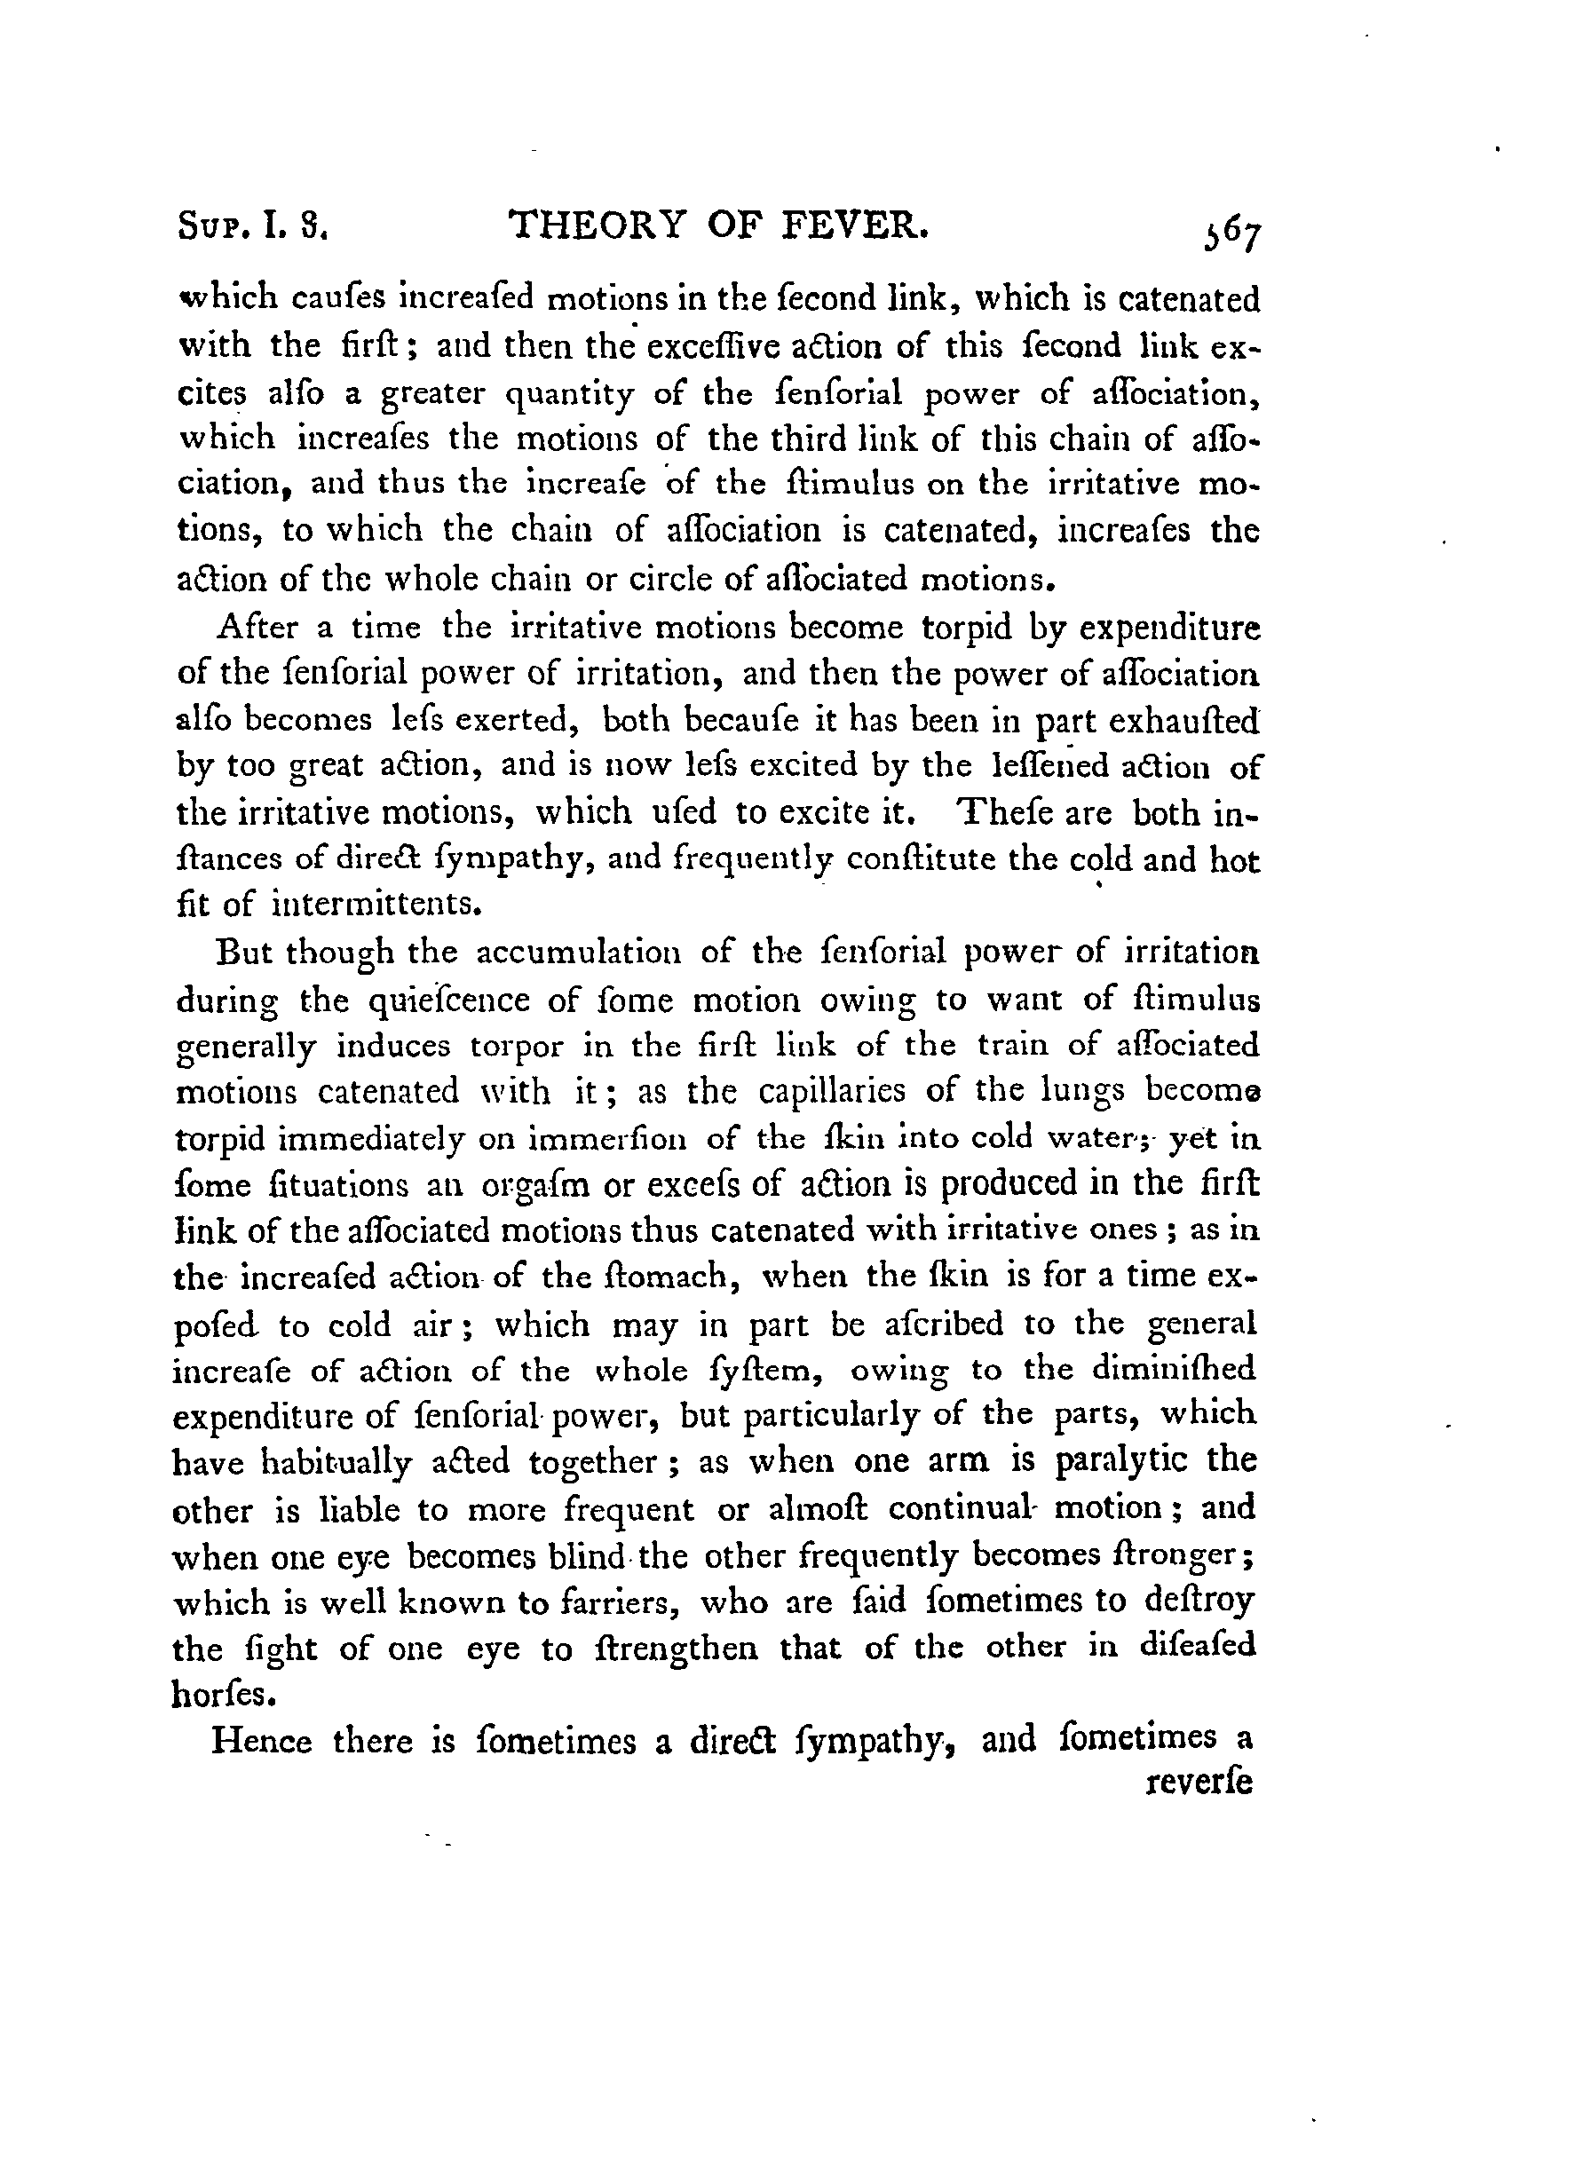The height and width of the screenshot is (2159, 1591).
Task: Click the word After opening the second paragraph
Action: [259, 628]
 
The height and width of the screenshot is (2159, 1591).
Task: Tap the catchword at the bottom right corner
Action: [1201, 1783]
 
